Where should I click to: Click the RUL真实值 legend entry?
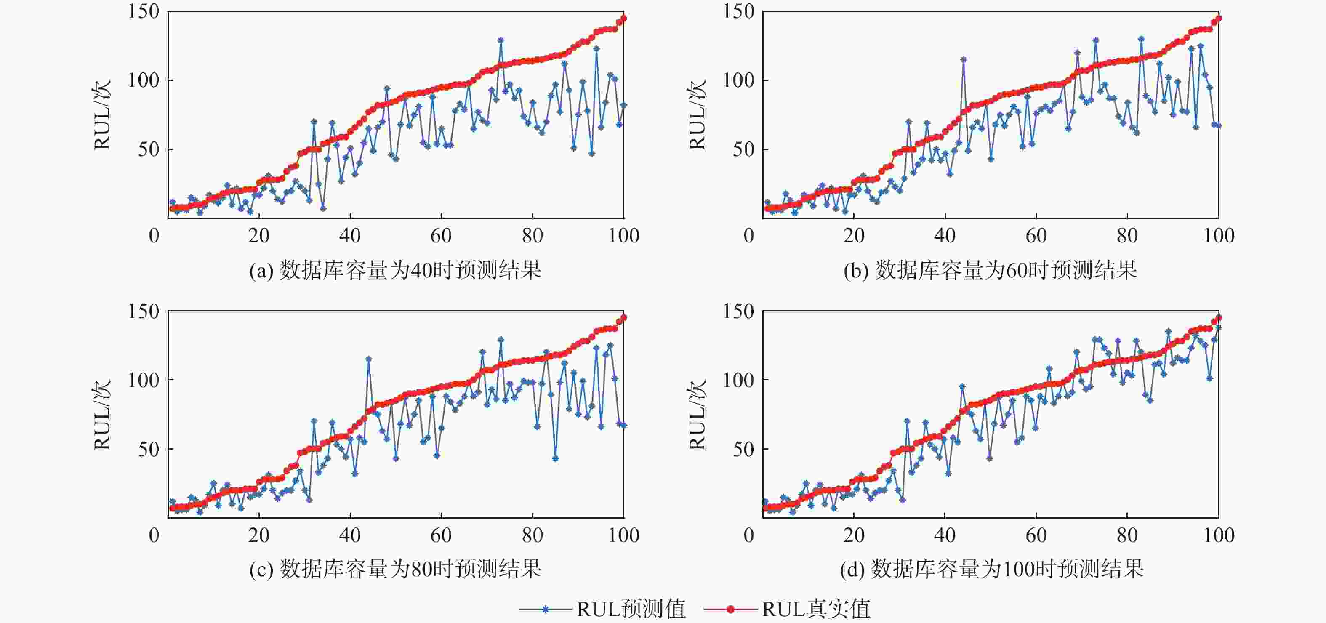click(788, 609)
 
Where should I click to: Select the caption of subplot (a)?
click(395, 270)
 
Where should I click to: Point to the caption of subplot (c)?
click(395, 570)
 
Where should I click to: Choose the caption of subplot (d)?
click(991, 570)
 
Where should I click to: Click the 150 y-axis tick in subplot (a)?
click(144, 11)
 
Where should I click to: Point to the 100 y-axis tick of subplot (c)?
click(144, 380)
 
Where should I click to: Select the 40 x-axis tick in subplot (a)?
click(350, 236)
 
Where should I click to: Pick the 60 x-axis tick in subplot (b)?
click(1036, 236)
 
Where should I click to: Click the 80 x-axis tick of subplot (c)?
click(532, 535)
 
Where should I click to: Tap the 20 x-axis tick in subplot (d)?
click(853, 535)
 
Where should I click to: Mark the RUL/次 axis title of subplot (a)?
click(102, 114)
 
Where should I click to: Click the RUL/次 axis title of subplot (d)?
click(697, 415)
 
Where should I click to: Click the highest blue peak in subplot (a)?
click(501, 40)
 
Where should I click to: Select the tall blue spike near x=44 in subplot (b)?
click(963, 60)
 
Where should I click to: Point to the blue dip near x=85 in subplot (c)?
click(555, 458)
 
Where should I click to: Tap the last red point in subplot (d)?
click(1218, 318)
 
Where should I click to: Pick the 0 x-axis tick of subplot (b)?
click(749, 236)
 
